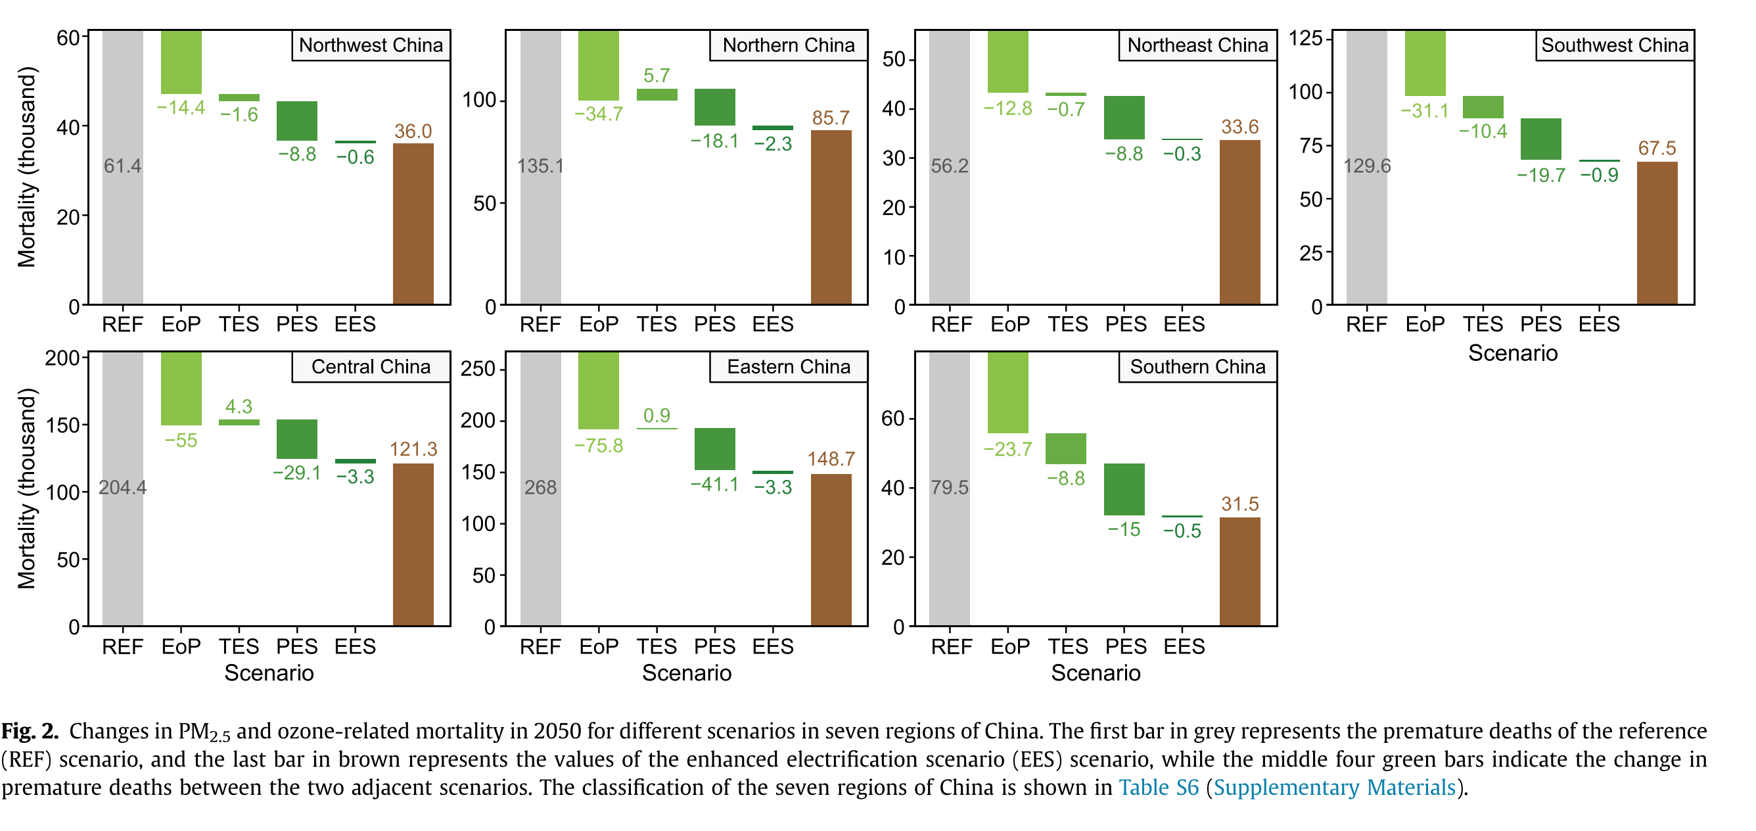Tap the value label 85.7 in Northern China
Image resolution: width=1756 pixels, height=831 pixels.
click(830, 118)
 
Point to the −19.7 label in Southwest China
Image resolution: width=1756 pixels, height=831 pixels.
click(1540, 175)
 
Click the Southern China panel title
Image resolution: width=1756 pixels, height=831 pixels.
click(1197, 367)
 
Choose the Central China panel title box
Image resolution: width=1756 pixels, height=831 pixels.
click(371, 367)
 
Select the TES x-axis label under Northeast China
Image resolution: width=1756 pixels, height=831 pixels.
click(1067, 325)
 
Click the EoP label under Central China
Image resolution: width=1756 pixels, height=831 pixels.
click(181, 646)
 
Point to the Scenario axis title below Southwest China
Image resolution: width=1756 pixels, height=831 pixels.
click(1513, 353)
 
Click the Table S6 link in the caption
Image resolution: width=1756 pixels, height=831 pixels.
click(1158, 788)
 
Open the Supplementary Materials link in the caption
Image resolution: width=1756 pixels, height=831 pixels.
click(1334, 788)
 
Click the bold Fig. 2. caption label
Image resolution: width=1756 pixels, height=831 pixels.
click(30, 731)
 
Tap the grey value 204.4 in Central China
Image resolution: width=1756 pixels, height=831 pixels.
click(123, 487)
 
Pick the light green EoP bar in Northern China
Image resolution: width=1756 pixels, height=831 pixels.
click(599, 66)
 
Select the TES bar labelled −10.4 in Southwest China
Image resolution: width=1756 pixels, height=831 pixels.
click(1483, 107)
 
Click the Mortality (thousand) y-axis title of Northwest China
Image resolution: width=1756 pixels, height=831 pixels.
click(26, 167)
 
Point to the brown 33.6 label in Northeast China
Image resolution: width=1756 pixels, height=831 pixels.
click(1239, 127)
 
